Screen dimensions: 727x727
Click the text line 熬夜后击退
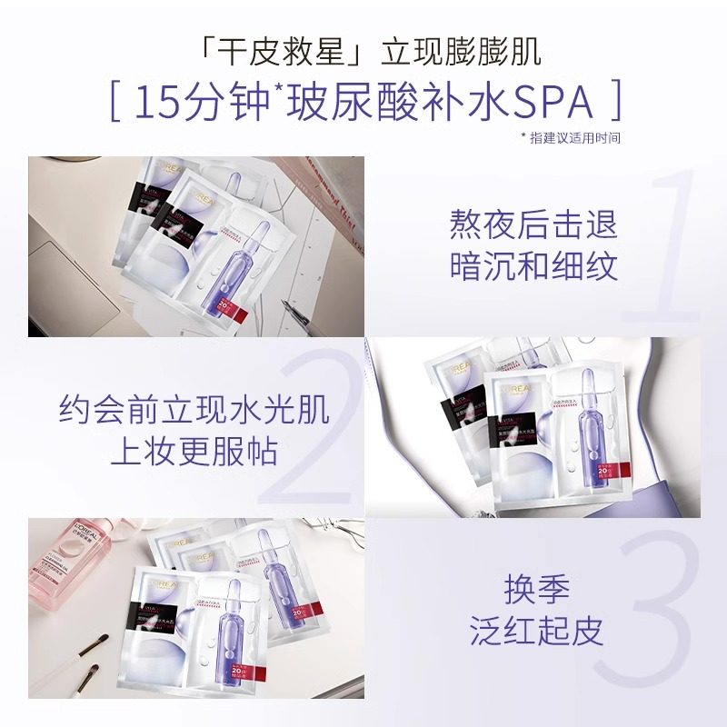click(x=533, y=224)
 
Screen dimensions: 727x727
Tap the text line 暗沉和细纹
click(x=533, y=266)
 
